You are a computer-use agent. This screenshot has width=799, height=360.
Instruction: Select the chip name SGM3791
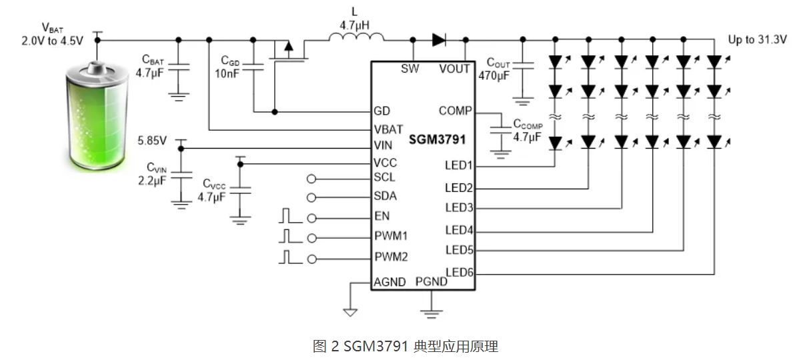pos(438,141)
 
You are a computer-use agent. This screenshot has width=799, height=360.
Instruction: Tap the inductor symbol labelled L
pos(350,39)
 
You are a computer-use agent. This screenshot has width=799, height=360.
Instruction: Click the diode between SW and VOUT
pos(438,40)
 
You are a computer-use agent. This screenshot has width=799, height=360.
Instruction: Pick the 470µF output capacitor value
pos(494,75)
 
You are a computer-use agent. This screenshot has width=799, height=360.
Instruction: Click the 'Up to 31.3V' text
pos(758,40)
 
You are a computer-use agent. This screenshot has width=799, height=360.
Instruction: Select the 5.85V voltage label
pos(152,141)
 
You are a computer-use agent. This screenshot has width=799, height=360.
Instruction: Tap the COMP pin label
pos(455,111)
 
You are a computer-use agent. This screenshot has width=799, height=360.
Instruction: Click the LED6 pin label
pos(459,272)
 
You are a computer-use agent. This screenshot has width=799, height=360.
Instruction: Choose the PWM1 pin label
pos(391,235)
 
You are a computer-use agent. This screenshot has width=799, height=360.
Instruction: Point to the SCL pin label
pos(385,177)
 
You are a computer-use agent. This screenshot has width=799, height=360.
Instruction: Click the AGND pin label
pos(389,282)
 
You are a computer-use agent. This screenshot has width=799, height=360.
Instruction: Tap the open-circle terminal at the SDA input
pos(310,197)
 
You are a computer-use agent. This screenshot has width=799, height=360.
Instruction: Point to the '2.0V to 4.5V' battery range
pos(52,40)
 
